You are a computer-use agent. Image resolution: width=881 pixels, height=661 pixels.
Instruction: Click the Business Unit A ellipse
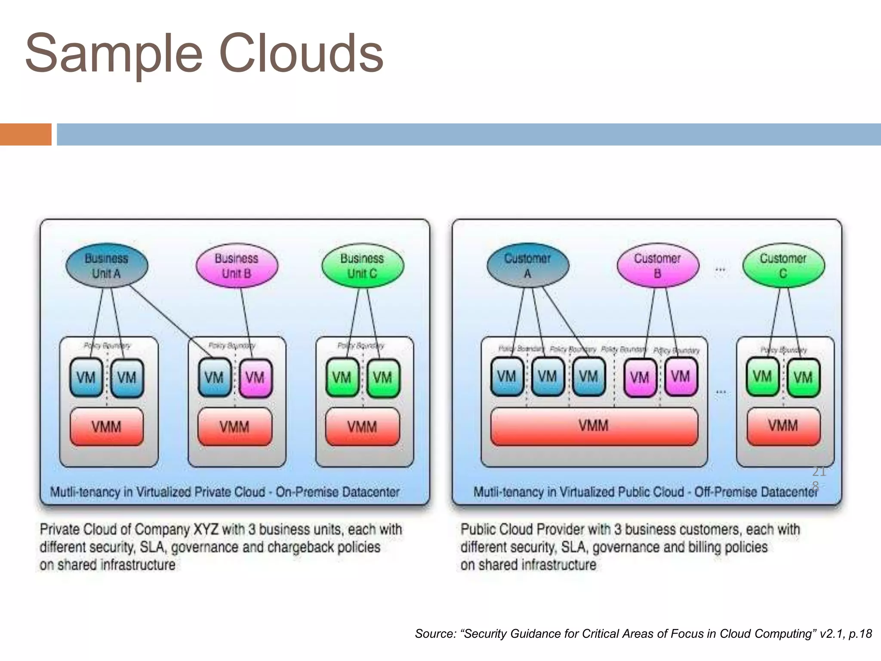[107, 266]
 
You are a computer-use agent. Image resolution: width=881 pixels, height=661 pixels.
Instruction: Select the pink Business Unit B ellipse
[236, 266]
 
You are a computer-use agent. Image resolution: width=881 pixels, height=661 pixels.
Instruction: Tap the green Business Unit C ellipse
[362, 266]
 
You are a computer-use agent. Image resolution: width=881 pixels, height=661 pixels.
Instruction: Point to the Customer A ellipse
[527, 266]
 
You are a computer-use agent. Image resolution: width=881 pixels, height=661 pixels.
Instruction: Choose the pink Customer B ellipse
[657, 266]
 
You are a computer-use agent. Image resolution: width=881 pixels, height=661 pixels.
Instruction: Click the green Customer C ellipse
[783, 266]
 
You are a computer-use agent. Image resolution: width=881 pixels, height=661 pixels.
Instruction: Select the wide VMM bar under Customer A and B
[594, 426]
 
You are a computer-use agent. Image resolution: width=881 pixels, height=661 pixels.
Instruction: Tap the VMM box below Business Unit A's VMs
[106, 427]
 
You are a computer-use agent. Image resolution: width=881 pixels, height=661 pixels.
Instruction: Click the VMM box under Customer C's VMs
[783, 426]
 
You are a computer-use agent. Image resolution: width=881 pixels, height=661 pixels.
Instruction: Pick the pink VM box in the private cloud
[255, 378]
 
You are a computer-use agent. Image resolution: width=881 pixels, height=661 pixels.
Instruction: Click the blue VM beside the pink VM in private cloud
[214, 378]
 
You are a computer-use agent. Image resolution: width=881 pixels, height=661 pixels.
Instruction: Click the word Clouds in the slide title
[301, 54]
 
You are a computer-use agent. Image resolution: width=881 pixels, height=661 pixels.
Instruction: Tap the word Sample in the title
[114, 54]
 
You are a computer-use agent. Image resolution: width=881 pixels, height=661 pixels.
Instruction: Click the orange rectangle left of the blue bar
[25, 134]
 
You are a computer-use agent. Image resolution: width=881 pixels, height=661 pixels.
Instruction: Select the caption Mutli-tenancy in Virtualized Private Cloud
[225, 491]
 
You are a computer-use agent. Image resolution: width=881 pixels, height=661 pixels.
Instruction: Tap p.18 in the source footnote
[860, 633]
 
